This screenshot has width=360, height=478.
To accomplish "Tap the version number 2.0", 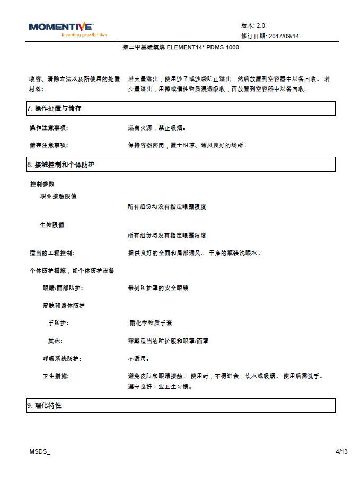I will click(x=260, y=25).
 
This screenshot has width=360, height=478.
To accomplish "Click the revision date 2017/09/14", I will click(x=284, y=36).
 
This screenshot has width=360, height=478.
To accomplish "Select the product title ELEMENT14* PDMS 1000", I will click(x=180, y=47).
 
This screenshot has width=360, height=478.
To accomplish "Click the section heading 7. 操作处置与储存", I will click(x=55, y=108).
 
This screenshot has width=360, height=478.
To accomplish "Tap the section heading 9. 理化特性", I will click(x=45, y=405).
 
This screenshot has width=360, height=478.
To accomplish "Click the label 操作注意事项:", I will click(x=49, y=128).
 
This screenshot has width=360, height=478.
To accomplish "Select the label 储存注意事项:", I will click(x=49, y=145).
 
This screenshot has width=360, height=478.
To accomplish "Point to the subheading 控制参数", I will click(x=42, y=184).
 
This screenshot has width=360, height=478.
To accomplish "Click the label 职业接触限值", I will click(x=58, y=196).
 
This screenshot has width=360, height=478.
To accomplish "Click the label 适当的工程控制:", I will click(x=55, y=253).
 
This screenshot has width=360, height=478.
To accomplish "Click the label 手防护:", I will click(x=58, y=323).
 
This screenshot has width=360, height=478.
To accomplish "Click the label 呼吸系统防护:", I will click(x=62, y=359).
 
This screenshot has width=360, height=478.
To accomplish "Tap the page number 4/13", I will click(x=341, y=451).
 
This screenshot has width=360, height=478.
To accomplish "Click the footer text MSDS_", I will click(x=40, y=451).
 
